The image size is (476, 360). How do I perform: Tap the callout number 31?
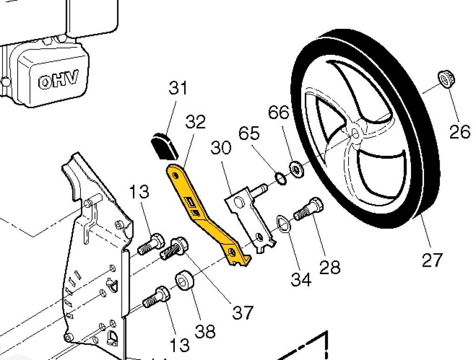(178, 88)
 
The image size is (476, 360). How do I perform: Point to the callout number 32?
(195, 122)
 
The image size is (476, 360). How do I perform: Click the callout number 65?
(249, 133)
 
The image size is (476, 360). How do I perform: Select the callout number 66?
(278, 112)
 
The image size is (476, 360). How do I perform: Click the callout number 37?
(242, 312)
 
